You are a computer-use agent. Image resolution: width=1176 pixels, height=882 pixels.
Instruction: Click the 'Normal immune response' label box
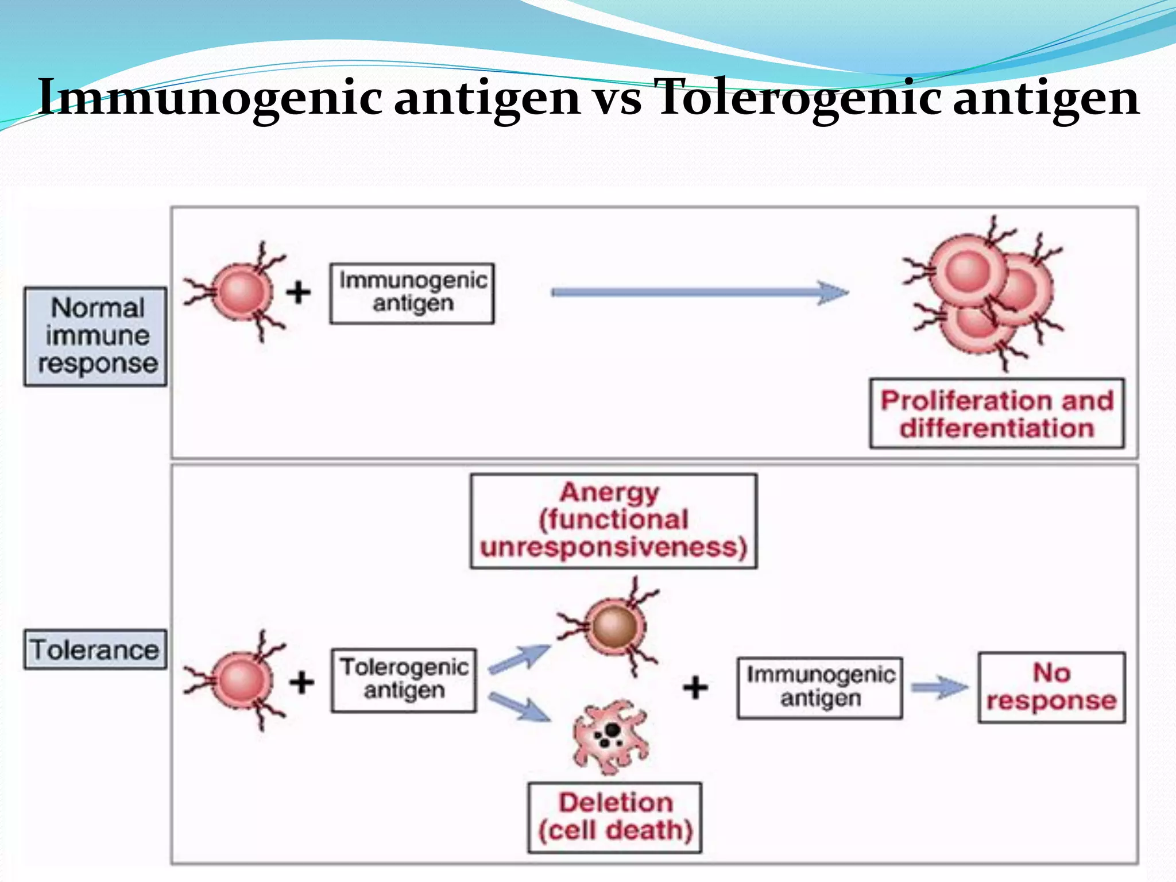(x=96, y=336)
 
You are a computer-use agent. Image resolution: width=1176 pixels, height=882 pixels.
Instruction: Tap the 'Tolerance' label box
(x=95, y=649)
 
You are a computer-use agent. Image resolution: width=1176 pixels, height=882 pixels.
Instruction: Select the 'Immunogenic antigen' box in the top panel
(x=412, y=293)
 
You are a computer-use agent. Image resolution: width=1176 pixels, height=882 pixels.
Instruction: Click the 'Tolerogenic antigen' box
(x=404, y=680)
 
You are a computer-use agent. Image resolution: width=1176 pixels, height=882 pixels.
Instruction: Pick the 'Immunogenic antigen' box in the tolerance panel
(x=819, y=687)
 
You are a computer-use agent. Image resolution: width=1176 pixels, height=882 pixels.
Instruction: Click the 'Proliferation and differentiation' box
(x=997, y=413)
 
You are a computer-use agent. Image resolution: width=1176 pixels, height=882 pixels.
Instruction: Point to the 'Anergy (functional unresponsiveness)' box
(x=613, y=520)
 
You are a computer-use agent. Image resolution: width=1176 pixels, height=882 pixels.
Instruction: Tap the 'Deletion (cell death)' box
(x=614, y=817)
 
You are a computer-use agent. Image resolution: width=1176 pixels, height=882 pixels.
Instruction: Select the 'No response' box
(x=1051, y=687)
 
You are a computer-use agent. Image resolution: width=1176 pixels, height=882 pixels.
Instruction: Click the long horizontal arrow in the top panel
(x=699, y=293)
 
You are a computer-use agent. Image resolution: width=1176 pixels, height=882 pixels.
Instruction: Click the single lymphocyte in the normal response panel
(x=241, y=292)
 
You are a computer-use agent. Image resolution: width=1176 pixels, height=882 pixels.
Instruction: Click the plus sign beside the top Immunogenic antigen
(x=299, y=292)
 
